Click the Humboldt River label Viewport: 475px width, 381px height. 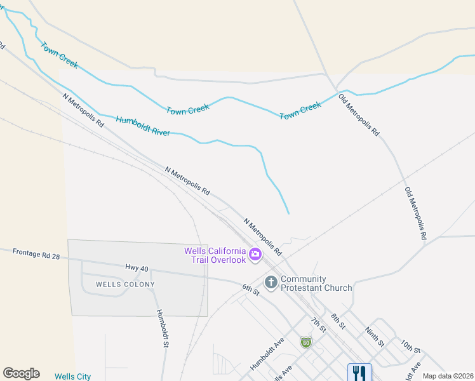point(143,126)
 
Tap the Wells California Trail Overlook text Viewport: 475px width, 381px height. point(215,255)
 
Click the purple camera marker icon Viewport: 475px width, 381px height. point(255,255)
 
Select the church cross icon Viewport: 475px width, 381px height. point(271,282)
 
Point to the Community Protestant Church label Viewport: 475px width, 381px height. point(316,283)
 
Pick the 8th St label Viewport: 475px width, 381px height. point(337,320)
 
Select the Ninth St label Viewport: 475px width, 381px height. point(374,337)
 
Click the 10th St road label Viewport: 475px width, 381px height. point(411,347)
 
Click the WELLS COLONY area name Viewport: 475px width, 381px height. point(125,284)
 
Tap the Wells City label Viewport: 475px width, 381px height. point(72,377)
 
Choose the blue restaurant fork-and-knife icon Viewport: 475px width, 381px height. point(359,372)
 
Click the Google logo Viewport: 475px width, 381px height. point(21,373)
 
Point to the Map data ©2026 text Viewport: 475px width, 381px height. point(448,376)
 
